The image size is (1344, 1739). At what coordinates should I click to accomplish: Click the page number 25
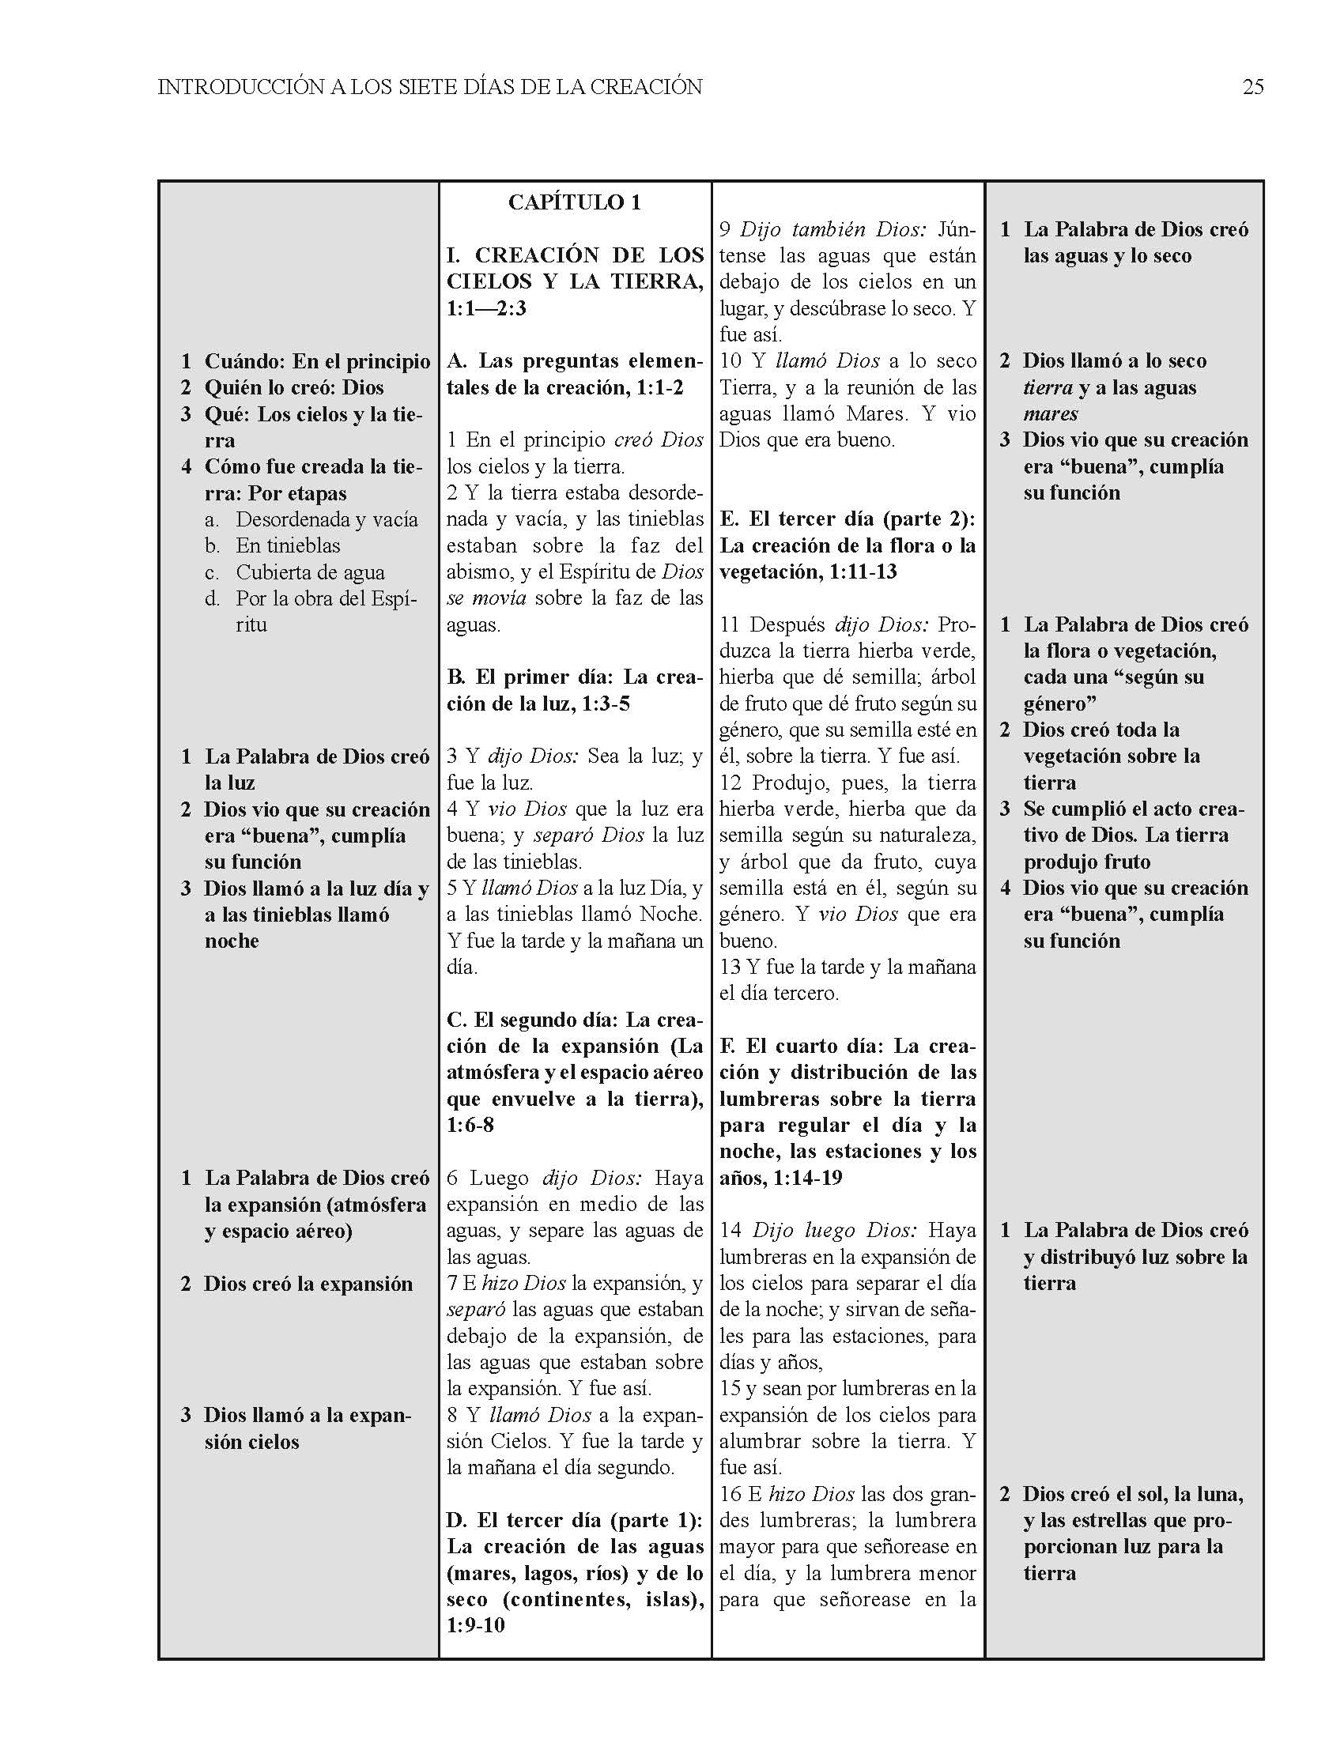pyautogui.click(x=1252, y=87)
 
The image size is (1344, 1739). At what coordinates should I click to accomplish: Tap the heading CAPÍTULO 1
pyautogui.click(x=574, y=202)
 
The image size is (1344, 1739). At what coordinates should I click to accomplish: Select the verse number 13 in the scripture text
pyautogui.click(x=731, y=968)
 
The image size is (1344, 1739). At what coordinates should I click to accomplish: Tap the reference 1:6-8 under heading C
pyautogui.click(x=470, y=1125)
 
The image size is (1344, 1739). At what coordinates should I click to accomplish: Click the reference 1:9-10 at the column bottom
pyautogui.click(x=476, y=1624)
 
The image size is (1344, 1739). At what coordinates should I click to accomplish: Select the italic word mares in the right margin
pyautogui.click(x=1050, y=414)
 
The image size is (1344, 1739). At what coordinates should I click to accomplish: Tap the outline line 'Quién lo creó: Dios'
pyautogui.click(x=294, y=388)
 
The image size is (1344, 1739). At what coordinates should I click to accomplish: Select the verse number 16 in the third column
pyautogui.click(x=731, y=1495)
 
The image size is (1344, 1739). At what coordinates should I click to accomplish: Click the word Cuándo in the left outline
pyautogui.click(x=244, y=361)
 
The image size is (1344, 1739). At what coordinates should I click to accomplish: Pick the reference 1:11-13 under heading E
pyautogui.click(x=863, y=571)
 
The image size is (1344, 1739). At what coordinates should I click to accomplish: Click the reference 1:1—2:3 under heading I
pyautogui.click(x=486, y=308)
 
